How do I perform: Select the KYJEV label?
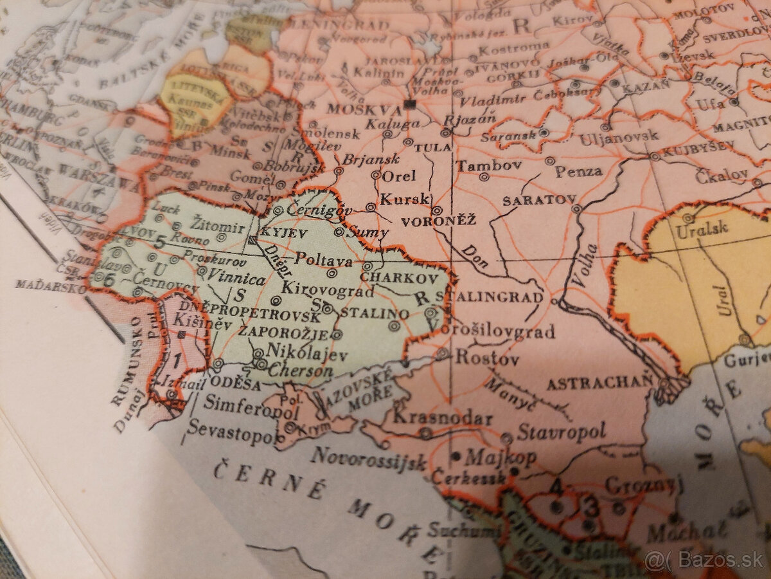coord(283,233)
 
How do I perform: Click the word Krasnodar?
coord(443,418)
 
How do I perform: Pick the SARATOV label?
coord(538,201)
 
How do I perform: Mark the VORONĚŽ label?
coord(438,221)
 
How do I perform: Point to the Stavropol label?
coord(562,432)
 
